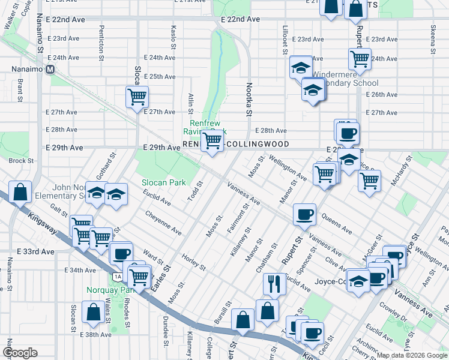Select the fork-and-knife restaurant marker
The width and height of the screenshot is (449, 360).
click(274, 284)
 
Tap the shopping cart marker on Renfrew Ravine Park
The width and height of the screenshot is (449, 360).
click(211, 142)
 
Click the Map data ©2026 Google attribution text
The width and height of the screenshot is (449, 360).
click(411, 355)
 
